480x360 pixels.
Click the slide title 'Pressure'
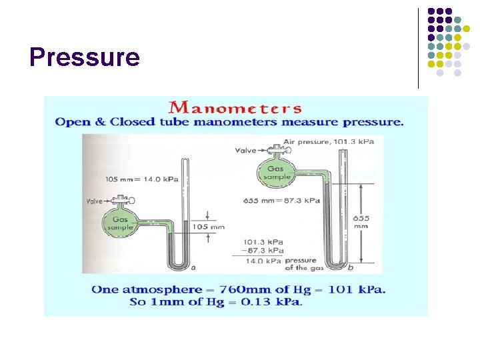85,58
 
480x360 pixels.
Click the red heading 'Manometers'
235,107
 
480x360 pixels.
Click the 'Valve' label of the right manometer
246,151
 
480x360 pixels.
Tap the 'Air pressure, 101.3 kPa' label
328,141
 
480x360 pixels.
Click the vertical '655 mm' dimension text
361,222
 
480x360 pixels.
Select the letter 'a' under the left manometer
193,268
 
